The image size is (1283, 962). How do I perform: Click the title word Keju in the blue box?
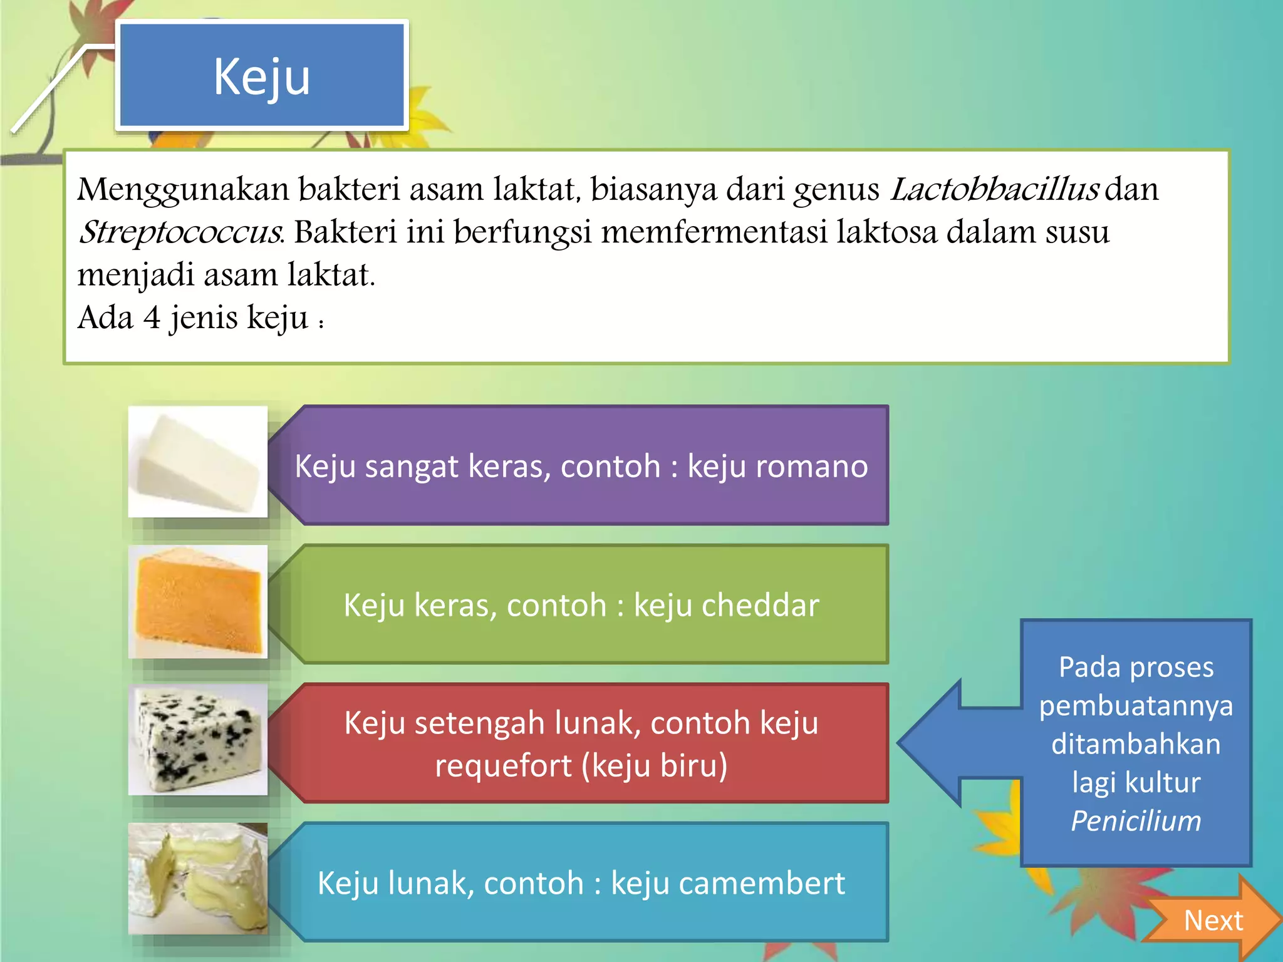(x=262, y=76)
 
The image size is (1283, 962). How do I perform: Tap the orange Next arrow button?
(x=1213, y=920)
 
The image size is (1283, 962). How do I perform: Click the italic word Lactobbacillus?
(x=994, y=189)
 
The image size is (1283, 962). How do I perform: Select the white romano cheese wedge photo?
(x=198, y=462)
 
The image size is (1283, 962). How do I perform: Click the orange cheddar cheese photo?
(x=198, y=602)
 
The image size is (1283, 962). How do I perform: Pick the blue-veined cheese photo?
(x=198, y=740)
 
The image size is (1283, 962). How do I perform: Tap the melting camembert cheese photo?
(x=198, y=879)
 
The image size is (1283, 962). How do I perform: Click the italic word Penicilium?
(x=1136, y=821)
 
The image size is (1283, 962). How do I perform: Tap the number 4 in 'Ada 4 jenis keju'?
(x=152, y=317)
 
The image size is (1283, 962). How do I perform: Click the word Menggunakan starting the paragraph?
(x=183, y=189)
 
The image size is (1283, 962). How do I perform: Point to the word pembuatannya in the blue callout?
(x=1136, y=706)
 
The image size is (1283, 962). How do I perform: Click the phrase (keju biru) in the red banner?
(x=655, y=766)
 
